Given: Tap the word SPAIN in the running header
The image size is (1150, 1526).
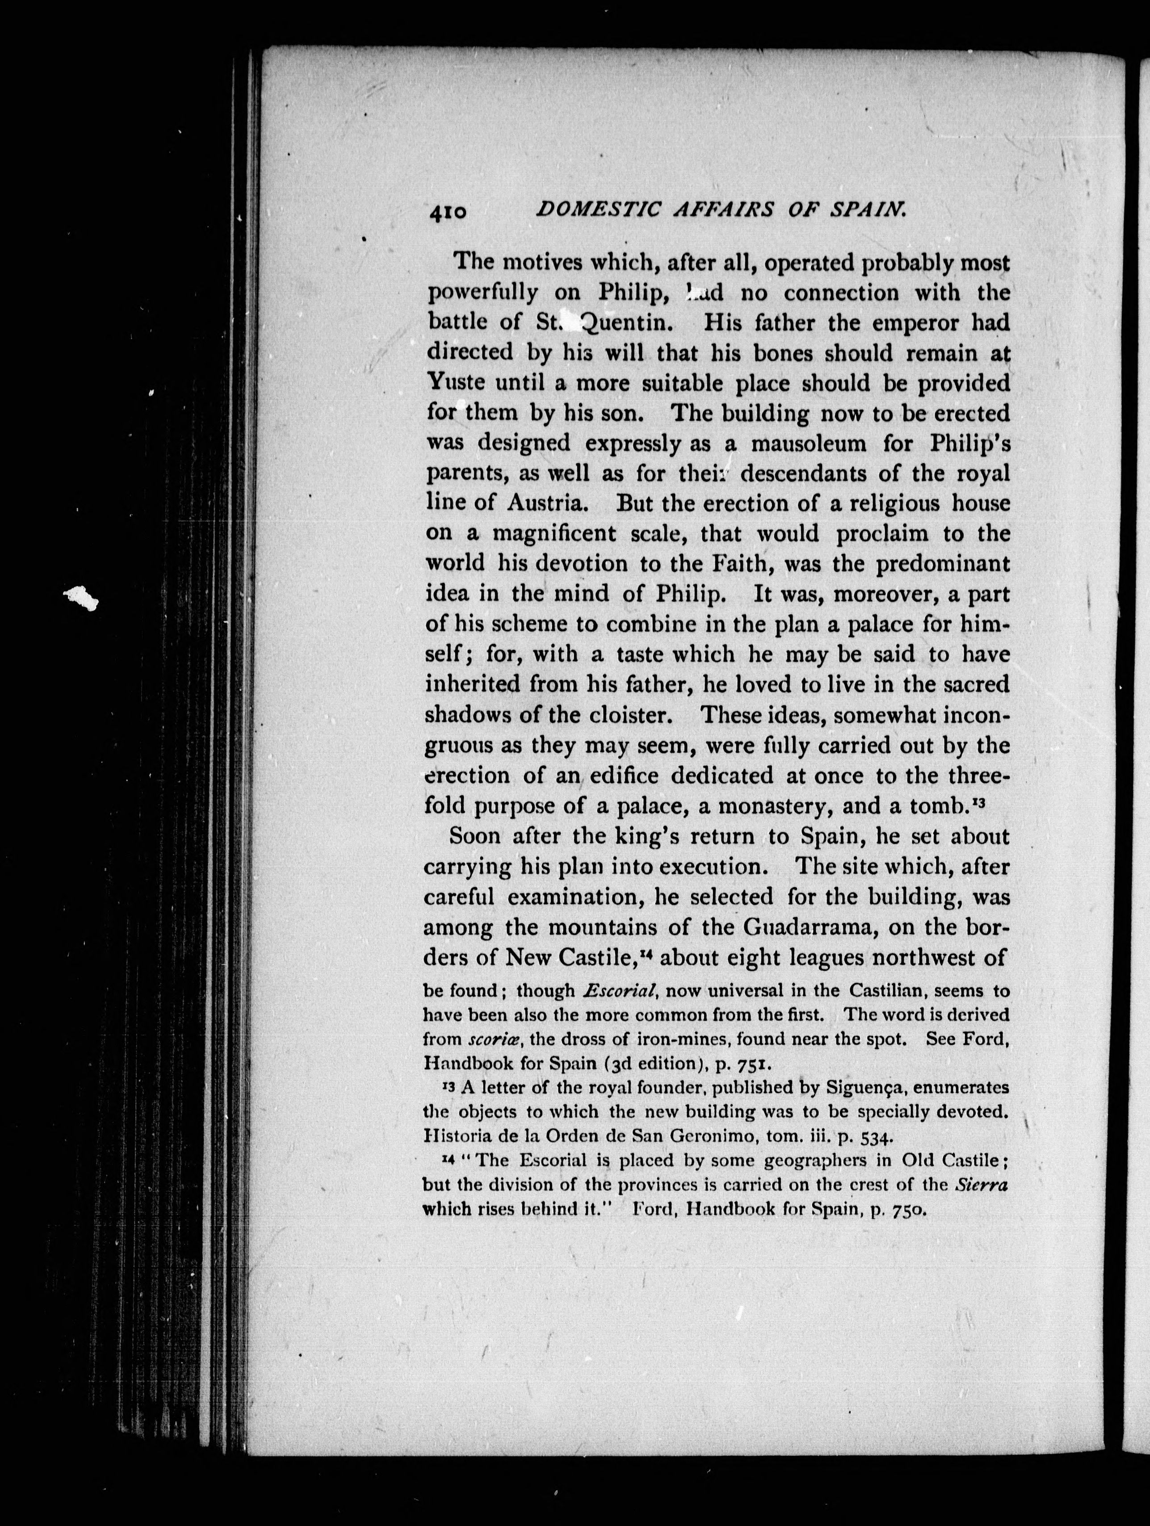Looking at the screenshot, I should [867, 210].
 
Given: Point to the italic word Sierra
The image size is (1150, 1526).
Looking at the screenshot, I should [981, 1185].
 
